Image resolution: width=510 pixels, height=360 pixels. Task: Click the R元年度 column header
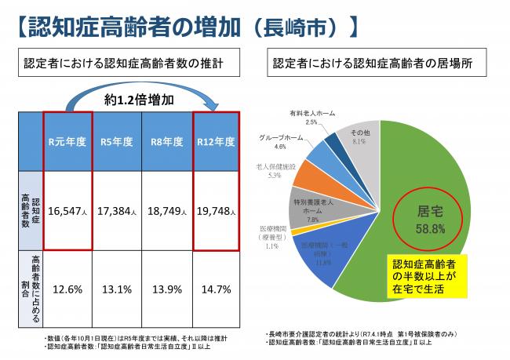coord(68,142)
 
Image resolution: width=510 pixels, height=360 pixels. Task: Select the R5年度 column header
coord(117,142)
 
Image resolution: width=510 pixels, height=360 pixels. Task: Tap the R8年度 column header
coord(166,142)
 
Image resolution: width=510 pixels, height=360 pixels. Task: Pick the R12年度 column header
coord(214,142)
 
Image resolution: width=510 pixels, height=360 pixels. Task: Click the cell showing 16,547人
coord(68,212)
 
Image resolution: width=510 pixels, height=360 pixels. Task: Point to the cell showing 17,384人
coord(117,212)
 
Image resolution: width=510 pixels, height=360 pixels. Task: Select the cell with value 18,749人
coord(166,212)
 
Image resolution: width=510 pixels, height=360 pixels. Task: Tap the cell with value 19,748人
coord(214,212)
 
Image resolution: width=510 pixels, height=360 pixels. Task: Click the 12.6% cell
coord(68,289)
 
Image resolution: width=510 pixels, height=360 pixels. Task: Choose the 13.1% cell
coord(117,289)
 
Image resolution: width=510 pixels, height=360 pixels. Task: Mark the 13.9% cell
coord(166,289)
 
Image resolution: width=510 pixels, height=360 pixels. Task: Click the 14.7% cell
coord(214,289)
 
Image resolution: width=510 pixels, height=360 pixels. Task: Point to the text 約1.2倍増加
coord(140,101)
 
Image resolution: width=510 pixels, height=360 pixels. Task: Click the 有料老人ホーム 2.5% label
coord(311,118)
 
